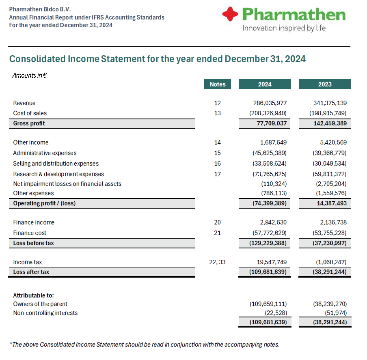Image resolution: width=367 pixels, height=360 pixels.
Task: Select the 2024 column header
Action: [265, 84]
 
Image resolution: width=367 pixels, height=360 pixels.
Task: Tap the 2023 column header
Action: [325, 84]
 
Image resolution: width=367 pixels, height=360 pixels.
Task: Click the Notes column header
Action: [218, 84]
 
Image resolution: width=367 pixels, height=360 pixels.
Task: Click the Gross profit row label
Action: [29, 123]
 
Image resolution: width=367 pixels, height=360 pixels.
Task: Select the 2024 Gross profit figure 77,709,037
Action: [270, 123]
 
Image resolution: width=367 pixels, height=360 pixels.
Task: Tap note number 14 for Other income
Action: [218, 142]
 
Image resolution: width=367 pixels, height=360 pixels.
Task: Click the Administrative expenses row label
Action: [45, 153]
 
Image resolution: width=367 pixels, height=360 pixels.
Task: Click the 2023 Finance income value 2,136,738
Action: [330, 222]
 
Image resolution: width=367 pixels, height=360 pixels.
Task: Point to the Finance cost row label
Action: [30, 233]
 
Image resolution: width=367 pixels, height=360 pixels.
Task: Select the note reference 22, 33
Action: [218, 262]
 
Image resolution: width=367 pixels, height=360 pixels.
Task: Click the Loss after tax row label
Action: [31, 272]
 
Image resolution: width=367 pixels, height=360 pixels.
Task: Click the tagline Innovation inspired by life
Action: [284, 28]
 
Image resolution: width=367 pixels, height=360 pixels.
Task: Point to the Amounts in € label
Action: [29, 75]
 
